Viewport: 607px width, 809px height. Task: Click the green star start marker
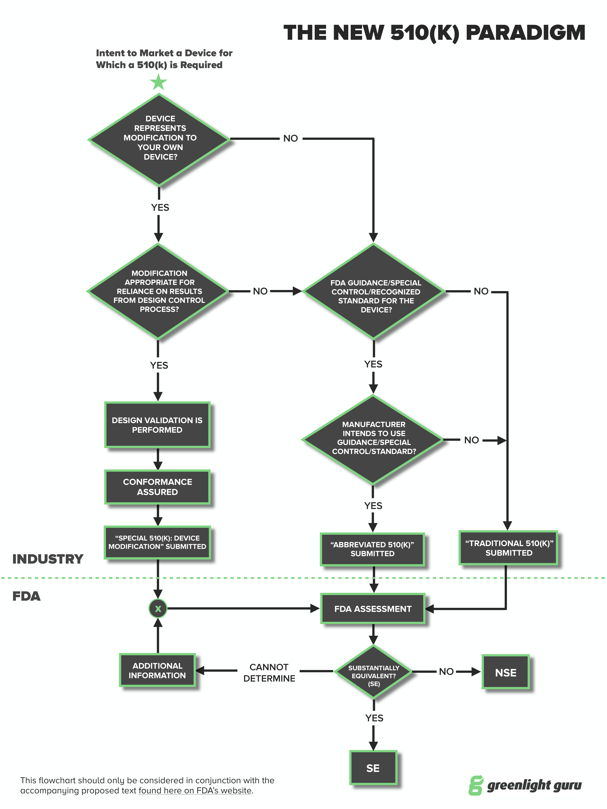click(x=158, y=82)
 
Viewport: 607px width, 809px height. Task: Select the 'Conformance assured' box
click(x=157, y=487)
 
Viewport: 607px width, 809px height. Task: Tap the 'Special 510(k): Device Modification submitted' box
click(x=157, y=542)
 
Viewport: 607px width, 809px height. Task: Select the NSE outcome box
click(x=506, y=672)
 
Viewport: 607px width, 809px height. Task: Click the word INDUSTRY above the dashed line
click(x=48, y=559)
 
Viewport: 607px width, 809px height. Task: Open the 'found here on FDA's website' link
click(x=195, y=791)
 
